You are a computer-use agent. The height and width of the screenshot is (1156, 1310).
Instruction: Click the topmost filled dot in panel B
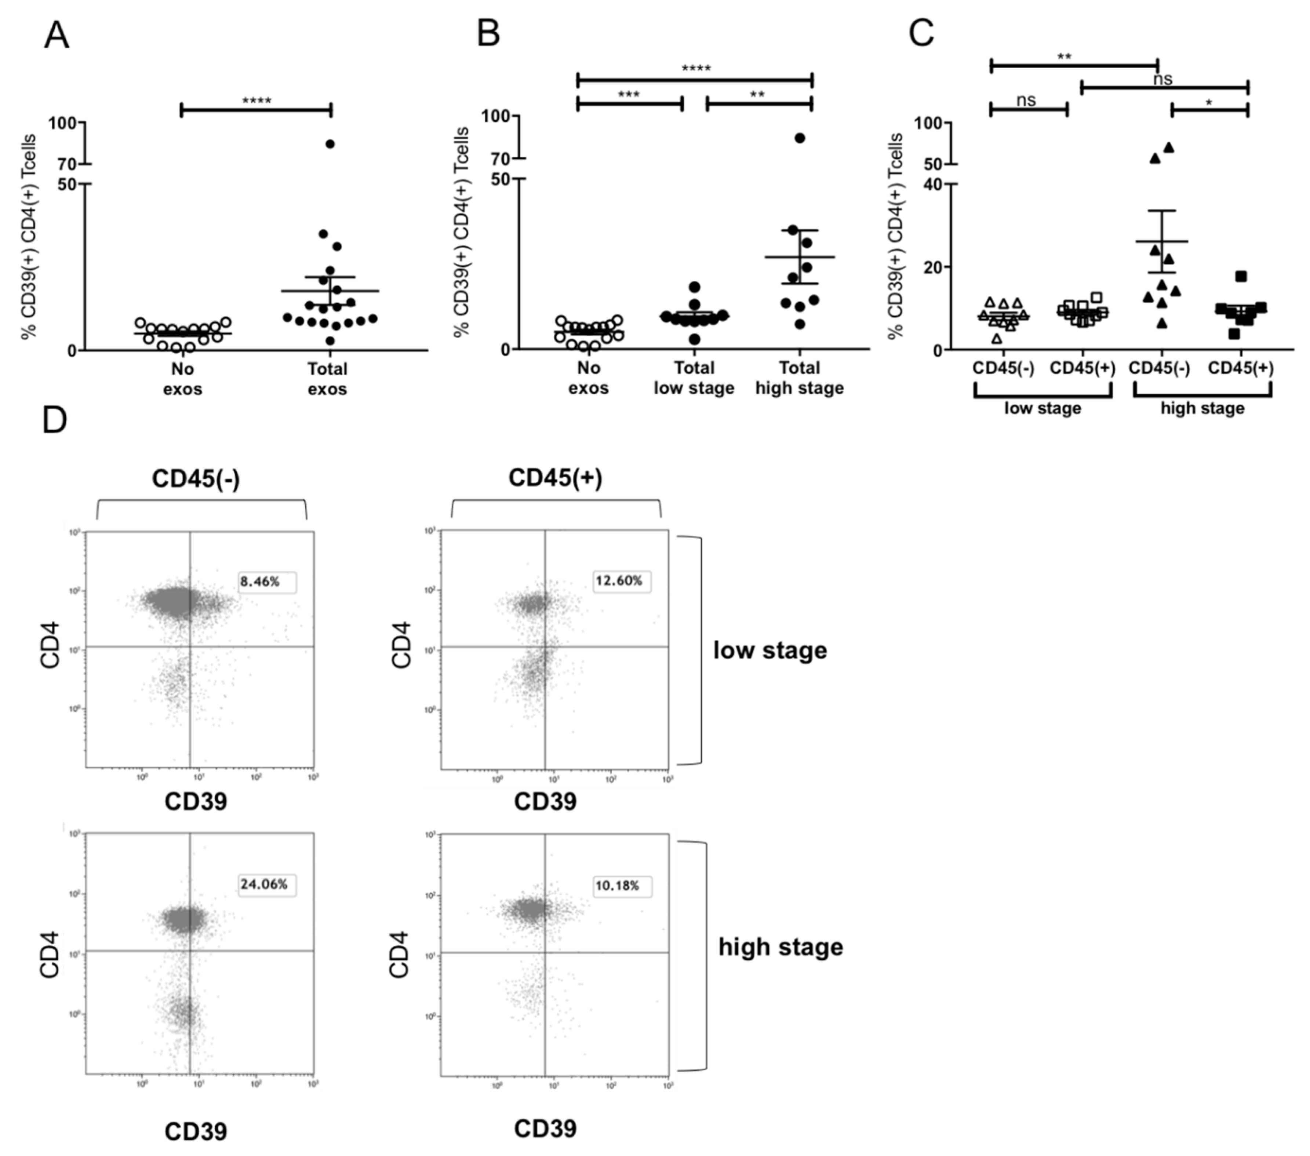(x=800, y=138)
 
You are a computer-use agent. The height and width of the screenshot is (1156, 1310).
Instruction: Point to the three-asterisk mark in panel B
(x=629, y=95)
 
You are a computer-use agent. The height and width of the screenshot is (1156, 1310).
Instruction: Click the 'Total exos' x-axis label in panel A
(x=327, y=379)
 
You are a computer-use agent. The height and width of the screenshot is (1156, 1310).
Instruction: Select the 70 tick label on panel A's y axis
(x=67, y=164)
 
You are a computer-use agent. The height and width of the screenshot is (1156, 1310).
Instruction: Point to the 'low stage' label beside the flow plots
(x=770, y=650)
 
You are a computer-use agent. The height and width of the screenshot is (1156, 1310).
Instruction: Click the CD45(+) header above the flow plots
(x=555, y=478)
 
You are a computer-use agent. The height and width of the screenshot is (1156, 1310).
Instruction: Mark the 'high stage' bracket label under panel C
(x=1202, y=408)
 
